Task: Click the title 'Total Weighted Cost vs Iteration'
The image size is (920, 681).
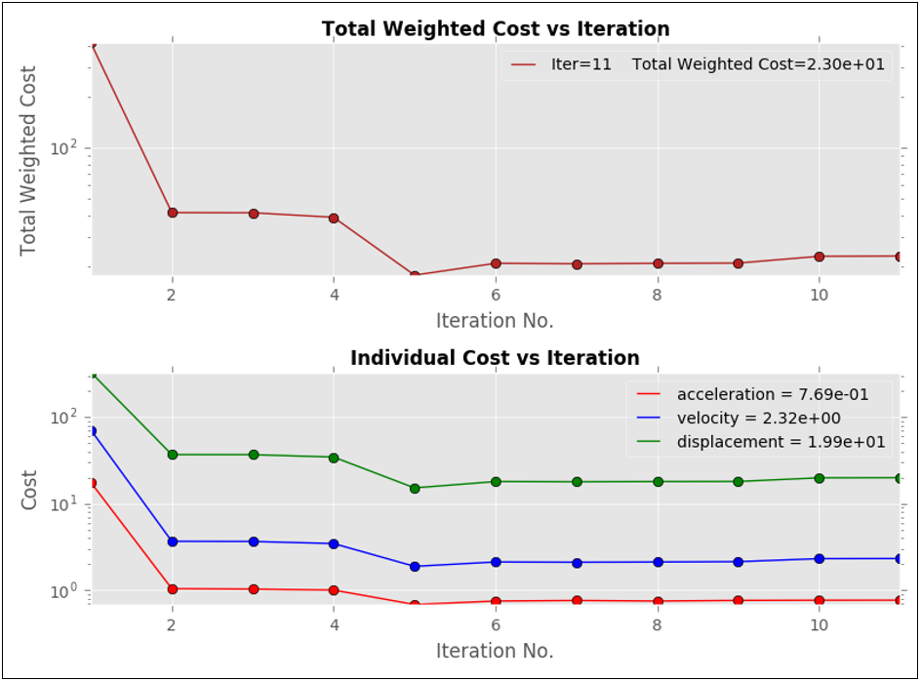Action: point(496,29)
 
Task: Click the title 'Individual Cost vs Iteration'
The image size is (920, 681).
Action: point(496,358)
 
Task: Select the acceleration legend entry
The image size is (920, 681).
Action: point(751,394)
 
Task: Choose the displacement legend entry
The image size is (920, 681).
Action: point(760,442)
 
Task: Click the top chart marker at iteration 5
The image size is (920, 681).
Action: point(415,276)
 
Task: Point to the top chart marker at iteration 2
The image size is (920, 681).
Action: point(173,213)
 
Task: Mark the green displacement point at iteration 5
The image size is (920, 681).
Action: point(415,488)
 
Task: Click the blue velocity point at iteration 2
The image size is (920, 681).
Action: point(173,541)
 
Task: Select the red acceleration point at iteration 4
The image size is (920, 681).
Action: point(334,590)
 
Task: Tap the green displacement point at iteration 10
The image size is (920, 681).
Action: point(820,478)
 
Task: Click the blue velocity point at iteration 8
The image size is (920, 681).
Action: point(658,562)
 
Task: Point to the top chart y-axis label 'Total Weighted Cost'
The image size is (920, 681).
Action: point(28,161)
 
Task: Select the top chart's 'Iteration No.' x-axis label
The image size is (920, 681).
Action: point(495,321)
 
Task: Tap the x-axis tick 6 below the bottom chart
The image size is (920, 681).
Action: point(496,624)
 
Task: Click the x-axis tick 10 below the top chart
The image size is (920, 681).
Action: point(820,295)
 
